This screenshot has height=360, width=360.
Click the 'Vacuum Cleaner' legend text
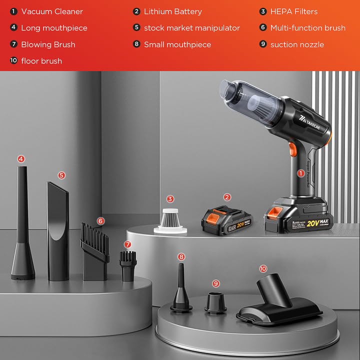pyautogui.click(x=52, y=11)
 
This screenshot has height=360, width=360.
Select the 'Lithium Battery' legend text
pyautogui.click(x=173, y=11)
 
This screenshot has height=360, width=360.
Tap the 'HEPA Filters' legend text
pyautogui.click(x=294, y=11)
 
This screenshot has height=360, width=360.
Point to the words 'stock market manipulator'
pyautogui.click(x=192, y=28)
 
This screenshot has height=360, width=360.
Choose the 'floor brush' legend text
pyautogui.click(x=41, y=61)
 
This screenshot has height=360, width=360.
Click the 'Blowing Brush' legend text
pyautogui.click(x=48, y=44)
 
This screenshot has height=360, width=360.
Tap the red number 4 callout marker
pyautogui.click(x=21, y=159)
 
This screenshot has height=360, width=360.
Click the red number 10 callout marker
pyautogui.click(x=263, y=268)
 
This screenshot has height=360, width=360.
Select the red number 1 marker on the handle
pyautogui.click(x=301, y=173)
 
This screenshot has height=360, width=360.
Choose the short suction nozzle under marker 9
pyautogui.click(x=216, y=301)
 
